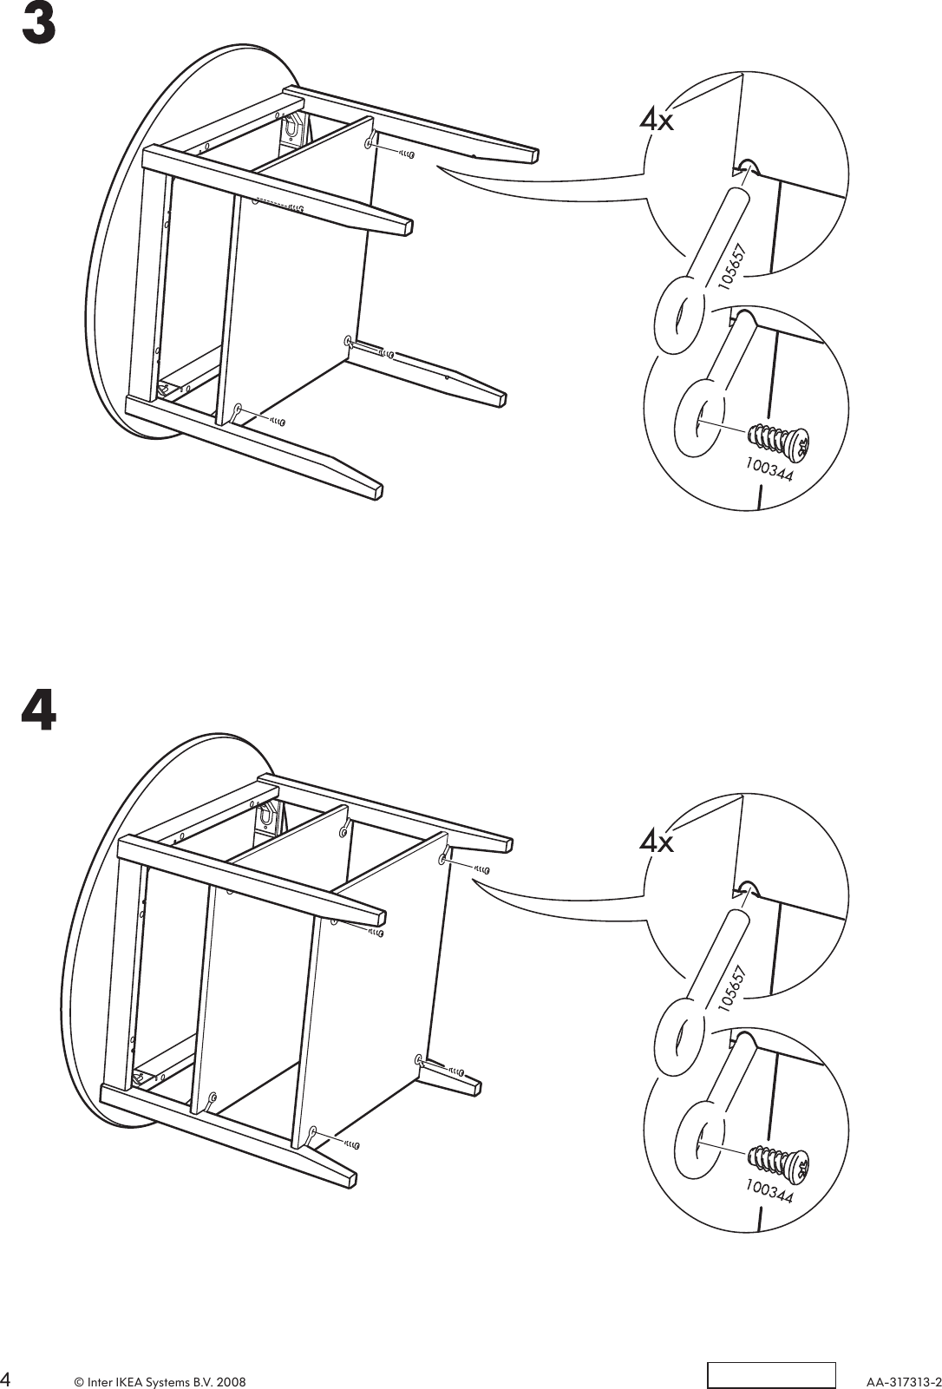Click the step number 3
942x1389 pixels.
coord(38,25)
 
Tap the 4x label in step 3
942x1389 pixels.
coord(657,120)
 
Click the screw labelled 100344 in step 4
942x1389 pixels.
coord(777,1159)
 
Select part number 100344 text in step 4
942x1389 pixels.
coord(769,1192)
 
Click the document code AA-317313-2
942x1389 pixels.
coord(901,1379)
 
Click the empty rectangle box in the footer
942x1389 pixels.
coord(770,1375)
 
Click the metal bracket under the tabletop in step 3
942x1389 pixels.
coord(294,128)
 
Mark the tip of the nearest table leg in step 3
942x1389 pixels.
coord(376,489)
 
